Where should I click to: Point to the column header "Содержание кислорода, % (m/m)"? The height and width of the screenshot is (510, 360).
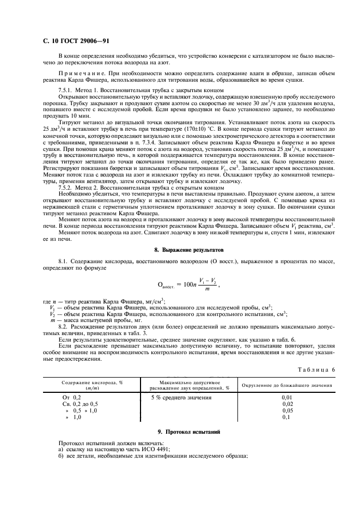[92, 385]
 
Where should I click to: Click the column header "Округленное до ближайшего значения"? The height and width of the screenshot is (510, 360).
[286, 385]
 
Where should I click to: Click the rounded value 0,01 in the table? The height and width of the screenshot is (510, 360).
[288, 398]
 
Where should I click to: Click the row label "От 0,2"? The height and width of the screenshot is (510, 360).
[72, 398]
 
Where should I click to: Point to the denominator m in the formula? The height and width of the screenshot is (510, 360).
[207, 289]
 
